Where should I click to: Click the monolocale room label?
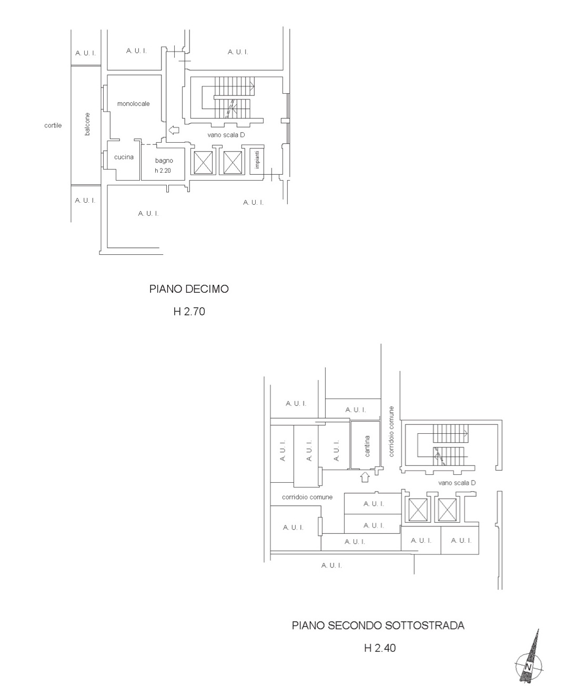133,104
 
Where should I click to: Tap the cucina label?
124,157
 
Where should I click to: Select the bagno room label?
164,161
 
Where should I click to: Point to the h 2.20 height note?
163,171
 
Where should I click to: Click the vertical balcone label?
87,124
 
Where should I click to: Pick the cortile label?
53,125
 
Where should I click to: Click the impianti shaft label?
257,160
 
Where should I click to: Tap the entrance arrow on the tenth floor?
174,130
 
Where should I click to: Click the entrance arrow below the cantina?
365,477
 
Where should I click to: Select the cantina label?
367,446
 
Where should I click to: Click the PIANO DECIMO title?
189,289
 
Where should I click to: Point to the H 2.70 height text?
189,311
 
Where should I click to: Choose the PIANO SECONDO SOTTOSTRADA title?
378,625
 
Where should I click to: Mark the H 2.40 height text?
380,648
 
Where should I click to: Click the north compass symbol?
529,660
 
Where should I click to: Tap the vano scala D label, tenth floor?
226,135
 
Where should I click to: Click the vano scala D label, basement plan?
457,483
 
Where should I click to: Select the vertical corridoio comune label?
391,431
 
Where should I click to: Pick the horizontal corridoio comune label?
307,497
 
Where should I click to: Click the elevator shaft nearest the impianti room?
233,162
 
